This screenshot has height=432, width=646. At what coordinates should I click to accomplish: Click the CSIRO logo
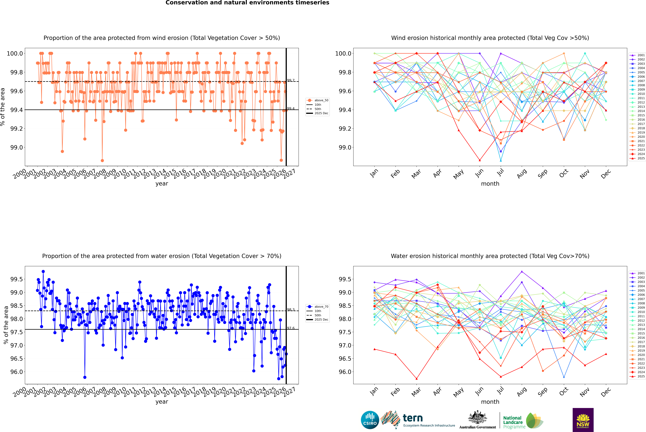[370, 420]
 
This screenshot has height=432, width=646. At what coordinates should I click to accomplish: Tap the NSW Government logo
[583, 420]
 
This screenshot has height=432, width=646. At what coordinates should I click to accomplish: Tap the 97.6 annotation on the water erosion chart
[291, 328]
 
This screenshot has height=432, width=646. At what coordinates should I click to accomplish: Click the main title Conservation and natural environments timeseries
[247, 3]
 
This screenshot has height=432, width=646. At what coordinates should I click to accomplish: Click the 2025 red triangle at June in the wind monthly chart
[480, 160]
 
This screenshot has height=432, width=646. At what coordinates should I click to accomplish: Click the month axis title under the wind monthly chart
[490, 184]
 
